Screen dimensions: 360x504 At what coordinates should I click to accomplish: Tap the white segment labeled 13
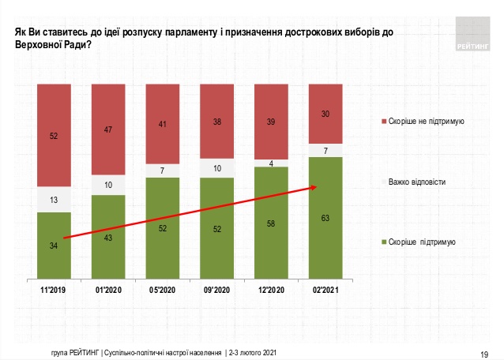pyautogui.click(x=54, y=199)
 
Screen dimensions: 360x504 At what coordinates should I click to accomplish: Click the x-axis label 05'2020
pyautogui.click(x=162, y=291)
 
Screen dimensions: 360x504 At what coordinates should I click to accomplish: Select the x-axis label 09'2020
pyautogui.click(x=216, y=291)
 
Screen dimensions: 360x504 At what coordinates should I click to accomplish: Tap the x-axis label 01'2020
pyautogui.click(x=108, y=291)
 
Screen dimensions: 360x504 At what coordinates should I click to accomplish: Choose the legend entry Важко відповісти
pyautogui.click(x=417, y=182)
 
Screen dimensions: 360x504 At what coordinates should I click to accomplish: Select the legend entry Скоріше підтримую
pyautogui.click(x=419, y=241)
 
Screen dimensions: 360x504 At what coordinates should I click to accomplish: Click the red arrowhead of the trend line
pyautogui.click(x=314, y=187)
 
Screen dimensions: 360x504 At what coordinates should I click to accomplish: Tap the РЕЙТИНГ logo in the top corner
pyautogui.click(x=473, y=36)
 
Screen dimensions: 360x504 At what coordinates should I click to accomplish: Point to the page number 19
pyautogui.click(x=484, y=352)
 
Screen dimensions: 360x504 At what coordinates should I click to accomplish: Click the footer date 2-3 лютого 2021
pyautogui.click(x=254, y=351)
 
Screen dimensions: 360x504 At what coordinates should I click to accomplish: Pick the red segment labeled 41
pyautogui.click(x=162, y=124)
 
